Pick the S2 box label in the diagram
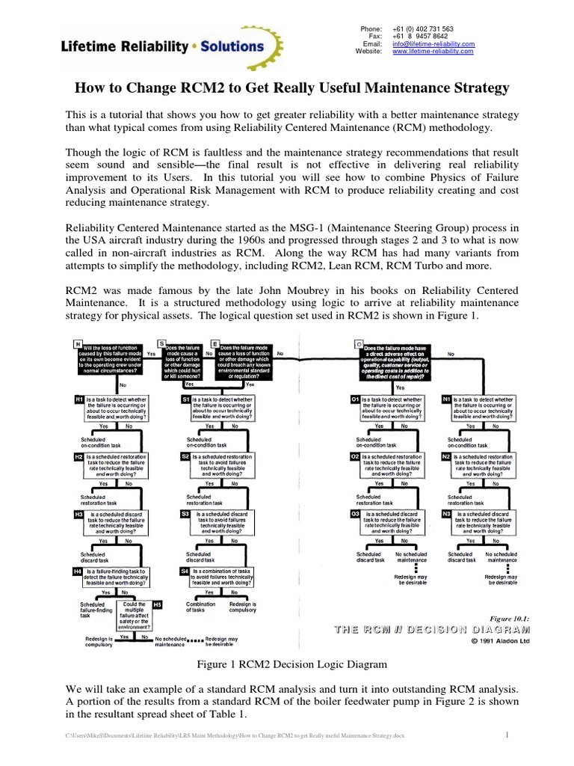(x=185, y=456)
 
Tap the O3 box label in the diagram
(x=355, y=514)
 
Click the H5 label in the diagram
(x=157, y=604)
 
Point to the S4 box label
(x=185, y=571)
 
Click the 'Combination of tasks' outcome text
(x=200, y=607)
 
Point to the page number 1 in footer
(x=507, y=735)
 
